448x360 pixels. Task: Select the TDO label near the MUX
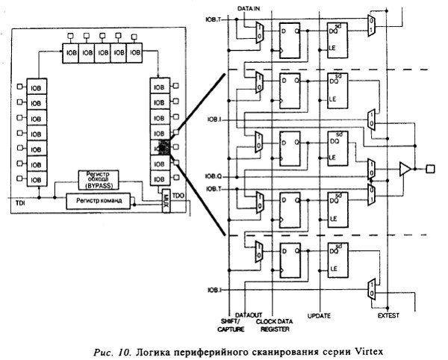click(178, 194)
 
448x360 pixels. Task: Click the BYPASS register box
click(102, 180)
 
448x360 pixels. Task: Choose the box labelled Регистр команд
click(96, 201)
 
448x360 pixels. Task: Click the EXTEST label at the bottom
click(389, 316)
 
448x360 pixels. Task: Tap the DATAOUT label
click(247, 315)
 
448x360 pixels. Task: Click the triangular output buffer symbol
click(404, 169)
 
